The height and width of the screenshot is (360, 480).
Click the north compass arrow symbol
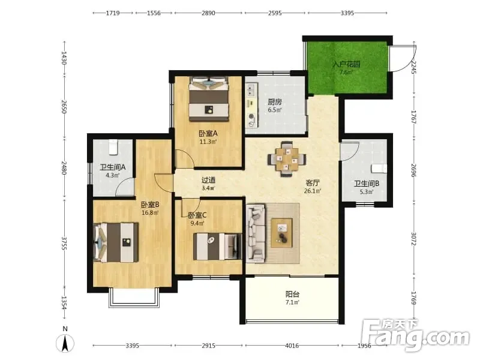point(65,343)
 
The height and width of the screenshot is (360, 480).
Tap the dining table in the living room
point(287,159)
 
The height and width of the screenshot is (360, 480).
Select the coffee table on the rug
point(281,232)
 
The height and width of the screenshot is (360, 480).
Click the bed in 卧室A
point(209,99)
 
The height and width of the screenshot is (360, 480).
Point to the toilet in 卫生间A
point(113,148)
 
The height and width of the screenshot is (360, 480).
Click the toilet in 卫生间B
point(379,169)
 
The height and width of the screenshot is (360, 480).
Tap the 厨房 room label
point(275,101)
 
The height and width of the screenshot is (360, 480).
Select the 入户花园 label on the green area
point(346,64)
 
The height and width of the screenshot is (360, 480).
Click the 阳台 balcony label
point(292,294)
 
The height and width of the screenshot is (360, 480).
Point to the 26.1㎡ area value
point(313,191)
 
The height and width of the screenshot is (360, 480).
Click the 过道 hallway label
point(208,180)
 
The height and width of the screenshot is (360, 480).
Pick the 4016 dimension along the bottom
point(292,346)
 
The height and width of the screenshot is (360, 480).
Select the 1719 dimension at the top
point(113,13)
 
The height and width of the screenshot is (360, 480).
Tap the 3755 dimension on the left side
point(64,243)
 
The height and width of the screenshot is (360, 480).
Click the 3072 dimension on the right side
point(413,239)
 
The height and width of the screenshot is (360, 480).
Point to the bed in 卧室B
point(116,242)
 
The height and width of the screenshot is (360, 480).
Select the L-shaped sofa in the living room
point(256,233)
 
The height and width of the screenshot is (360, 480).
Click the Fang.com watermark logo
point(415,335)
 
